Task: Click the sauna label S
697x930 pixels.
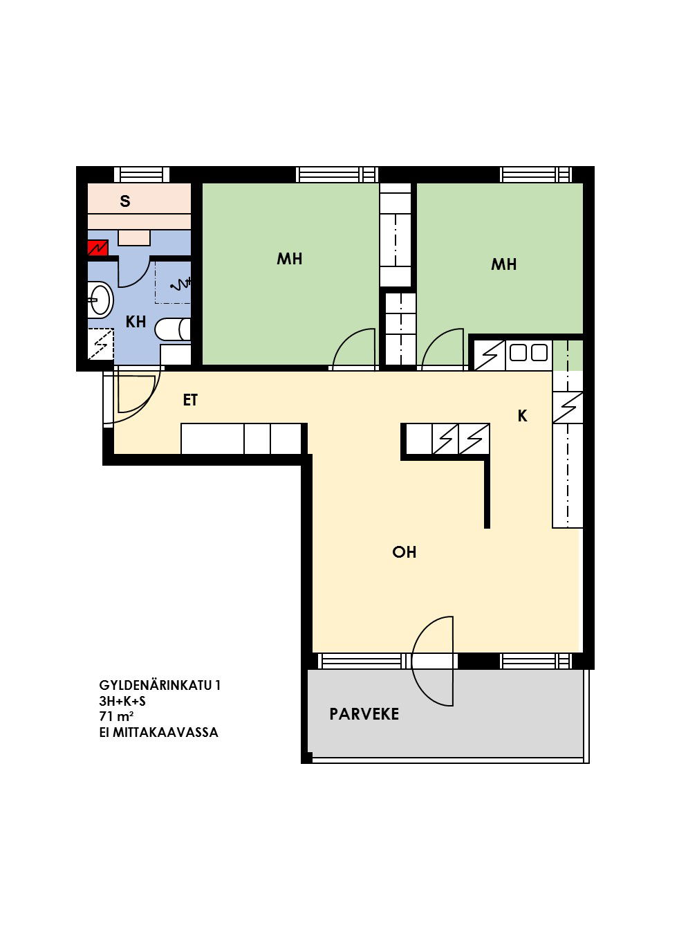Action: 125,201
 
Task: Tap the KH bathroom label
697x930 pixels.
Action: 136,322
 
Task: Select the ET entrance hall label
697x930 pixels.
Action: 190,400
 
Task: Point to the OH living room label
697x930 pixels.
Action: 404,551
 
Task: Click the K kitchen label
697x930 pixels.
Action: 523,416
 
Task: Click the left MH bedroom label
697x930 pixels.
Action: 290,259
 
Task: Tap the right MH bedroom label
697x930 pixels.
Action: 503,264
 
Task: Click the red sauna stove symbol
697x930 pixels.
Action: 97,248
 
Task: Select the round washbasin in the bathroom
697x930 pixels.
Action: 101,300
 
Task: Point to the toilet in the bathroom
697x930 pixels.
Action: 173,329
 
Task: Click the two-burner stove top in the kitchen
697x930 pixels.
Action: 528,352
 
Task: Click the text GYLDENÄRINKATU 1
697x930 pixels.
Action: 160,685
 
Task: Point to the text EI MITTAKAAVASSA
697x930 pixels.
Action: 159,731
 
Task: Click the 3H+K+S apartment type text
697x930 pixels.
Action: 122,701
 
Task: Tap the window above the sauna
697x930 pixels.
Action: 142,174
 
